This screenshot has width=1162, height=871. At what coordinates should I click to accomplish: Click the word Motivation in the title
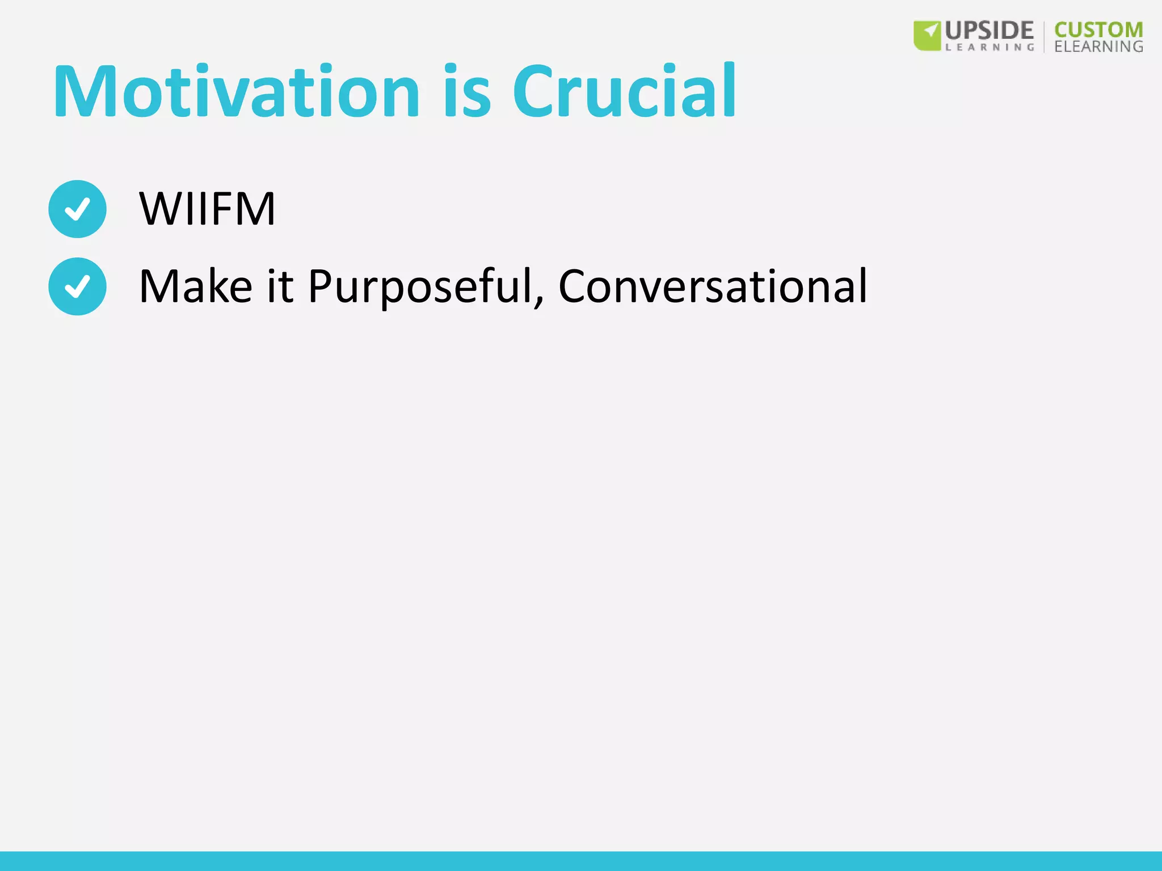[x=236, y=92]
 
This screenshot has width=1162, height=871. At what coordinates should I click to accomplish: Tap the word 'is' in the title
[x=466, y=92]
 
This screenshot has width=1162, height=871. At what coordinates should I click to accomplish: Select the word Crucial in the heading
[x=624, y=92]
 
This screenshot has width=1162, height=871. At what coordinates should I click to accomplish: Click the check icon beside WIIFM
[x=77, y=209]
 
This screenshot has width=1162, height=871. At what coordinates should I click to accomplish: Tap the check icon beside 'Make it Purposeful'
[x=77, y=286]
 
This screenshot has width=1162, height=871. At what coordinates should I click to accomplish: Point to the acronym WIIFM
[x=207, y=209]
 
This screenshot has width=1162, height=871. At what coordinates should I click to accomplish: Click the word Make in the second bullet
[x=195, y=286]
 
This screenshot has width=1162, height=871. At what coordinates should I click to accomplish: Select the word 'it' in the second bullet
[x=280, y=286]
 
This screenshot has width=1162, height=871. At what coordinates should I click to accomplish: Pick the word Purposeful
[x=420, y=286]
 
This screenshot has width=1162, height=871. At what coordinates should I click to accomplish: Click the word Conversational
[x=713, y=286]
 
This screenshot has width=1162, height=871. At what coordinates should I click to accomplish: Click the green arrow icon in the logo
[x=927, y=35]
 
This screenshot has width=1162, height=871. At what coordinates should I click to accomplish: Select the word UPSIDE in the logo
[x=989, y=31]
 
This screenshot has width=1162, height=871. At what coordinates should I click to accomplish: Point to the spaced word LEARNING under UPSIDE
[x=989, y=48]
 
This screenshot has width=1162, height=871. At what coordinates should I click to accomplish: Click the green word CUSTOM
[x=1098, y=29]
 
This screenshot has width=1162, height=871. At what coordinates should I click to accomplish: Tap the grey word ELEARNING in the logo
[x=1098, y=46]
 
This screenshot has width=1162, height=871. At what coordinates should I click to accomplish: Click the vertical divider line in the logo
[x=1044, y=36]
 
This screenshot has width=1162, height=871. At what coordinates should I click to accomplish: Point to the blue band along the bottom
[x=581, y=861]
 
